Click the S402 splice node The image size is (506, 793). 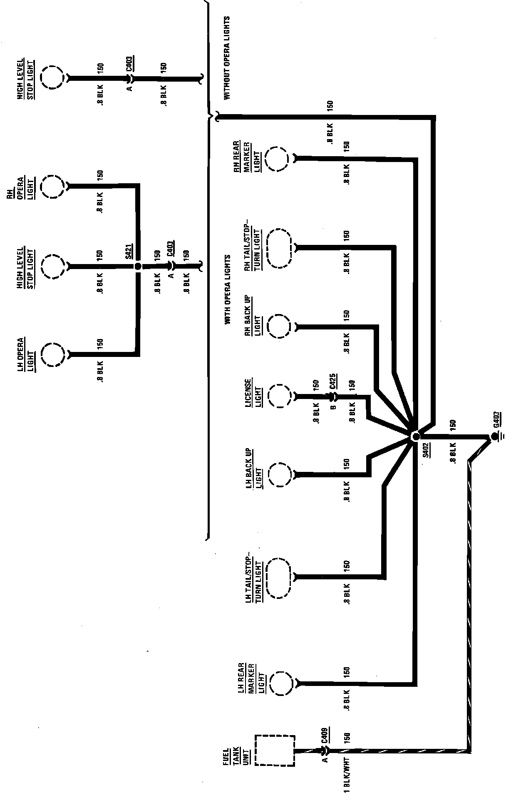click(x=415, y=436)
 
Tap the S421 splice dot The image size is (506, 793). click(x=138, y=266)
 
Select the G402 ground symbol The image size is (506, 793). click(x=495, y=436)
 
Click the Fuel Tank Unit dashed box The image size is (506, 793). click(x=275, y=750)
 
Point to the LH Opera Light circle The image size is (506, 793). click(x=53, y=355)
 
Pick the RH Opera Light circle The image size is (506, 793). click(x=53, y=187)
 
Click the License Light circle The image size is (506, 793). click(x=279, y=396)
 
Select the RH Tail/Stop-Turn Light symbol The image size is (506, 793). click(x=279, y=248)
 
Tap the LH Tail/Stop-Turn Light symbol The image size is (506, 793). click(x=279, y=577)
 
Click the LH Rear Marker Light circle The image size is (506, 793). click(x=282, y=683)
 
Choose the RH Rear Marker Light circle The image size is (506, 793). click(x=276, y=159)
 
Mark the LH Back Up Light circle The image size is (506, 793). click(x=279, y=474)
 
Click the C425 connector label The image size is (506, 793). click(x=333, y=381)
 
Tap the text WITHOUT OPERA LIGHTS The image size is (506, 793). click(x=227, y=58)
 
